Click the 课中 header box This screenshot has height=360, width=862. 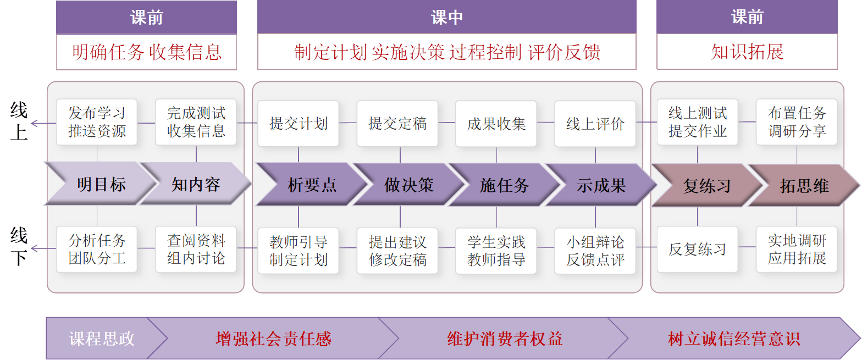(446, 17)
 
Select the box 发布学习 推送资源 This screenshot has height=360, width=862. (97, 122)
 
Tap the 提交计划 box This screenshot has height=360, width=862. (299, 124)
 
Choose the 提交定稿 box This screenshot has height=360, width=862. (397, 124)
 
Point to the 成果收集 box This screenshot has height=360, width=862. (496, 124)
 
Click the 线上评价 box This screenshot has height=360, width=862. (595, 124)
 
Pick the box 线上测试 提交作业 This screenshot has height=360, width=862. (698, 122)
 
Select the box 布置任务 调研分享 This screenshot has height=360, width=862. (797, 122)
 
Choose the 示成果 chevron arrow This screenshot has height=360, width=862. (601, 185)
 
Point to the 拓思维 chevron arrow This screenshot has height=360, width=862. (804, 186)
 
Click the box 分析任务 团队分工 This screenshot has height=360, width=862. (97, 250)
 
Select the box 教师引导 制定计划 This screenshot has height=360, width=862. (299, 251)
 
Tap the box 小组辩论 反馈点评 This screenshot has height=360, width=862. (595, 251)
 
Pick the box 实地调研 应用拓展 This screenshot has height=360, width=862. (797, 250)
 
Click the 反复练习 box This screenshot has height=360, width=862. (698, 250)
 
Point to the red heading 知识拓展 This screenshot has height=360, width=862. (747, 52)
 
